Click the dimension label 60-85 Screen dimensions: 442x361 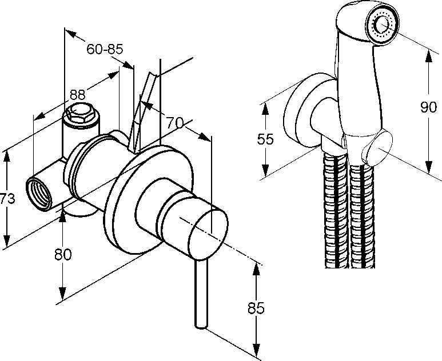(105, 50)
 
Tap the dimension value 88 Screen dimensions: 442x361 (78, 95)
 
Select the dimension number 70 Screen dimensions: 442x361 (174, 122)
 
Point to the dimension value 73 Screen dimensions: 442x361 (7, 199)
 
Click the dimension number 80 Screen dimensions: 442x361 (63, 255)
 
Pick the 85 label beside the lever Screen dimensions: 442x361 (256, 308)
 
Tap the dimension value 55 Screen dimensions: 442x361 (265, 139)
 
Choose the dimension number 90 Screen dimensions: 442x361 (428, 107)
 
